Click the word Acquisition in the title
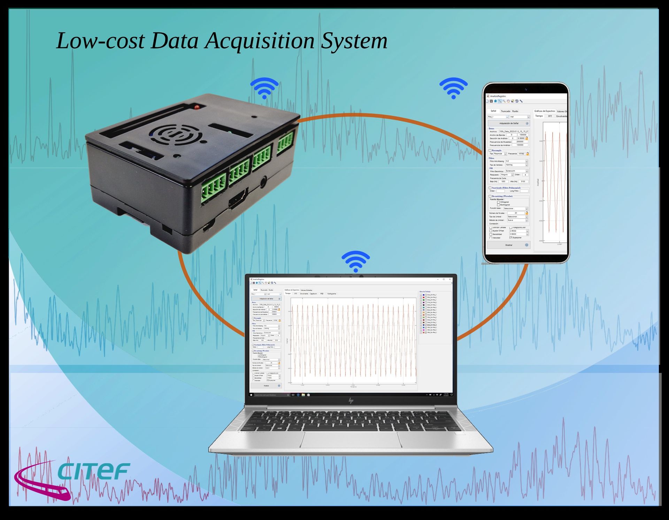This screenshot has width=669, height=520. (x=260, y=41)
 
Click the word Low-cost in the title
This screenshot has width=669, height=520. (x=100, y=40)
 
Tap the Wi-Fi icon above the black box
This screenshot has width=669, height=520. (x=264, y=88)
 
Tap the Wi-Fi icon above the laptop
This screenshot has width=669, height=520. (x=355, y=261)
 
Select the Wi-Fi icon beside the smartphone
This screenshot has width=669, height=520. (x=453, y=88)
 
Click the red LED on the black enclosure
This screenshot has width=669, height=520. (x=197, y=106)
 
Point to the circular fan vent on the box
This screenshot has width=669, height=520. (x=176, y=134)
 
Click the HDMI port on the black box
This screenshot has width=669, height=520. (x=238, y=199)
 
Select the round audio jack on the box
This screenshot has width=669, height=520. (x=263, y=182)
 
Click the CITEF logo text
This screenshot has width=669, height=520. (x=93, y=472)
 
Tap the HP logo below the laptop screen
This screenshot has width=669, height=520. (x=351, y=401)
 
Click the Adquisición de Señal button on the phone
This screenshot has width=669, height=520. (x=509, y=123)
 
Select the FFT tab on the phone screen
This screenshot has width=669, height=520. (x=550, y=116)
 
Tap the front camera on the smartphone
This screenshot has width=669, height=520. (x=526, y=89)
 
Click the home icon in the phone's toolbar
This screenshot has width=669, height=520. (x=495, y=101)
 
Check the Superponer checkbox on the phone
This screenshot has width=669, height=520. (x=511, y=238)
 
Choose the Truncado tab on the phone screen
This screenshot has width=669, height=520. (x=505, y=111)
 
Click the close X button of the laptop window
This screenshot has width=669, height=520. (x=450, y=279)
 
